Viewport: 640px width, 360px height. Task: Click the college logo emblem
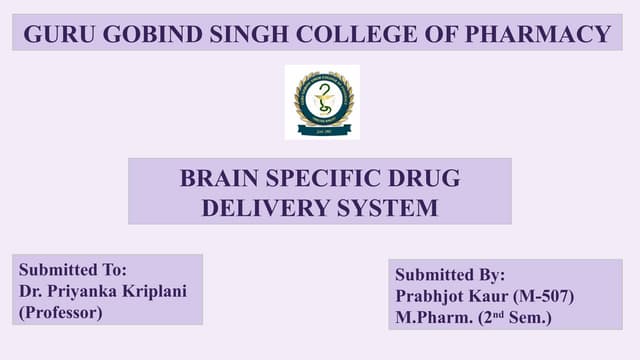(322, 101)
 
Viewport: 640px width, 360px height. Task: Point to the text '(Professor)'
(61, 312)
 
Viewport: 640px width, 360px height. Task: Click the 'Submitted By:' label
(450, 275)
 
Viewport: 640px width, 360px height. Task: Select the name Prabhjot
(434, 297)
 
